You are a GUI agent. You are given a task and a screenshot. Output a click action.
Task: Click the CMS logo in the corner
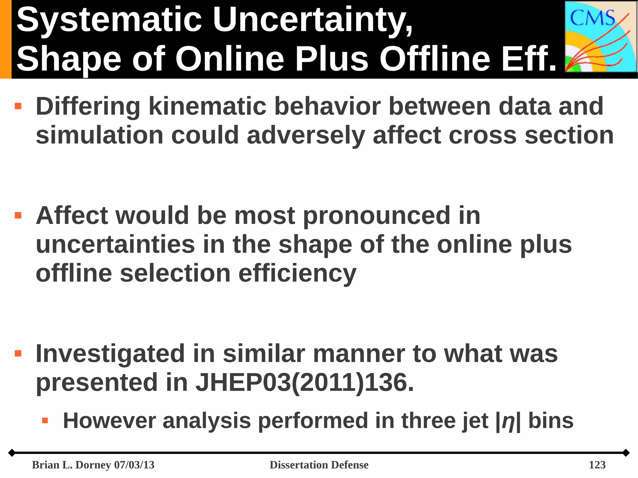point(601,36)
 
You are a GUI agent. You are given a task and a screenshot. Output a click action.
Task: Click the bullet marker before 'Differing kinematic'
point(18,106)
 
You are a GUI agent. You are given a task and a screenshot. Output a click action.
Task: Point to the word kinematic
point(207,106)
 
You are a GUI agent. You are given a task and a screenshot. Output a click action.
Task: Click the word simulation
point(100,135)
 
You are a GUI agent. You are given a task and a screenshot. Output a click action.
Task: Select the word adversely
point(306,136)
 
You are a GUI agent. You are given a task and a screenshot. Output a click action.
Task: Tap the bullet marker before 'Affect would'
point(18,215)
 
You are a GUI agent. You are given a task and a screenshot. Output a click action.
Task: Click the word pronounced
point(376,215)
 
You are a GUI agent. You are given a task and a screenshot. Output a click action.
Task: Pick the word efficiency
point(297,273)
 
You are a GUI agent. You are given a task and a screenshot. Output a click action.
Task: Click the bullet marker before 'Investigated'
point(18,353)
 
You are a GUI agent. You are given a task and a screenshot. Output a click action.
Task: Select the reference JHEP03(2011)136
point(304,382)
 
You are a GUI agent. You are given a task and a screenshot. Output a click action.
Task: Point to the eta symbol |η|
point(508,421)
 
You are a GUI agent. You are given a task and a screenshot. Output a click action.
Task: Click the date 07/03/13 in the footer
point(134,465)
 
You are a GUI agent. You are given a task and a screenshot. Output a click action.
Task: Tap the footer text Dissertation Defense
point(319,465)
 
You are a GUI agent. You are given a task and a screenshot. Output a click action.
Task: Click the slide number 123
point(597,465)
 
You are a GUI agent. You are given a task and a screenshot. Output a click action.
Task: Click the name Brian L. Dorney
point(72,465)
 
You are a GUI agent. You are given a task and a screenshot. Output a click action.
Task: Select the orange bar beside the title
point(6,39)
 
